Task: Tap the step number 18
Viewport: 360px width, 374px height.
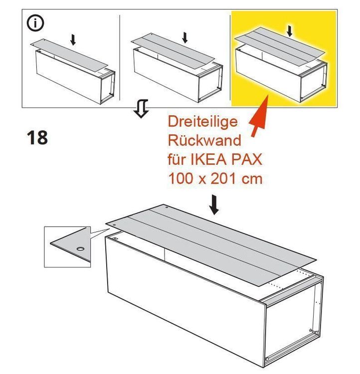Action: [37, 137]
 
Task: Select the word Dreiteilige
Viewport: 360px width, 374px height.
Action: [203, 121]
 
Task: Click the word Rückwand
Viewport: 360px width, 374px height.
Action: [204, 140]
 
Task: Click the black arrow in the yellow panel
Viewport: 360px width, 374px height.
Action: [290, 31]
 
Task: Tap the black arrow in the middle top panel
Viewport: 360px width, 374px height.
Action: [185, 37]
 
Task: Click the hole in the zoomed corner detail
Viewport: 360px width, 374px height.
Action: [79, 248]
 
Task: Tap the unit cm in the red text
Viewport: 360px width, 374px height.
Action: [252, 179]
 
